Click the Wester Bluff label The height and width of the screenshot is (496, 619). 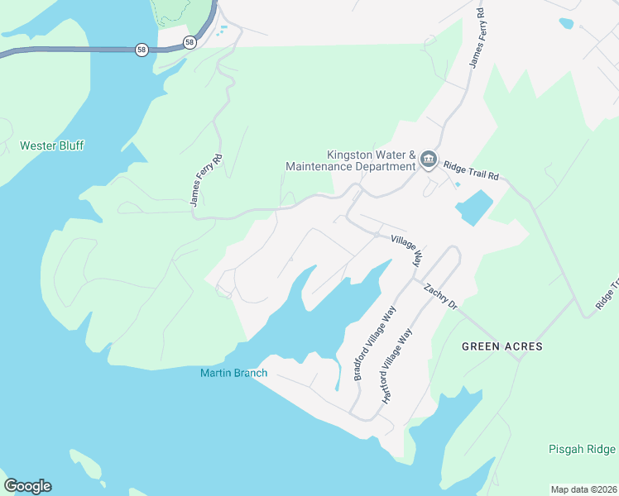coord(52,145)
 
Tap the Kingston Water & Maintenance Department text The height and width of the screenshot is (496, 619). coord(350,161)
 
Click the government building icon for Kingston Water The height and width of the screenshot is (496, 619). coord(428,160)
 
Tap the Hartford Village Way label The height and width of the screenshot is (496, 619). coord(396,365)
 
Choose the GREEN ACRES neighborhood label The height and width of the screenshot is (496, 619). coord(502,346)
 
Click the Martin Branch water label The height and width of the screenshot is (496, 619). coord(234,373)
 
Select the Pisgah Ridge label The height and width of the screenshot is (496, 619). coord(582,450)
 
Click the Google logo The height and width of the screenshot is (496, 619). coord(27,486)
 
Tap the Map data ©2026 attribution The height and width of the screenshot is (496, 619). coord(583,489)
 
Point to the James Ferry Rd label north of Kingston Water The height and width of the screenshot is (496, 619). coord(477,40)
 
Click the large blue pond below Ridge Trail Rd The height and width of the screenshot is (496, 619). coord(473,207)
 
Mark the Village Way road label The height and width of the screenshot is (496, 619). coord(406,247)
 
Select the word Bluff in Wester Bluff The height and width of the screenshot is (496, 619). coord(70,145)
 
